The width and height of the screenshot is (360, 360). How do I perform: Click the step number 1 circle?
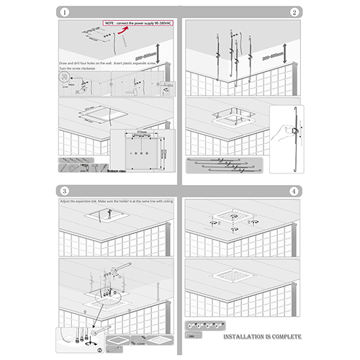tap(65, 12)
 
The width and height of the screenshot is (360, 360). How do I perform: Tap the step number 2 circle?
tap(294, 12)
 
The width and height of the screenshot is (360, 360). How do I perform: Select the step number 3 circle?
tap(65, 191)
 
